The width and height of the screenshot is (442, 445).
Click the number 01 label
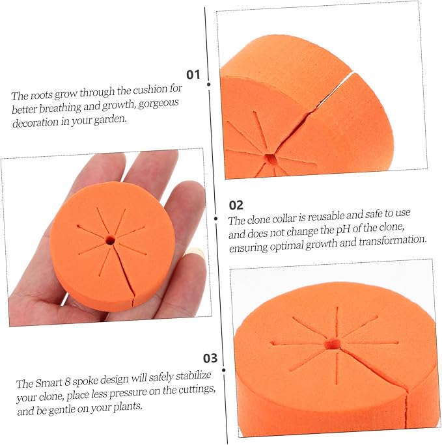click(x=193, y=74)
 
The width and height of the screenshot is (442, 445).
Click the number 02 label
click(x=236, y=205)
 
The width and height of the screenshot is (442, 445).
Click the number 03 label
click(x=210, y=358)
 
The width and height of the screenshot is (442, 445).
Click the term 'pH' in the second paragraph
click(x=343, y=230)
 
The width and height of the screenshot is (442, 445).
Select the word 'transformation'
click(x=393, y=241)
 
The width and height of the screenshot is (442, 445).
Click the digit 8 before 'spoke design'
click(x=67, y=382)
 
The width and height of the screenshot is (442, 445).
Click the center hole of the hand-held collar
click(x=110, y=241)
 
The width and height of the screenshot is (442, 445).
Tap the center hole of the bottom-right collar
click(x=333, y=344)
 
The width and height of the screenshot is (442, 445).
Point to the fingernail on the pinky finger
click(x=195, y=252)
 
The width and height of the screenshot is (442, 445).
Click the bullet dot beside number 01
click(x=209, y=85)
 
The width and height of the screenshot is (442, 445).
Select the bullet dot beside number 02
click(x=216, y=219)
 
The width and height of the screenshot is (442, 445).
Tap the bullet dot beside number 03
click(x=224, y=370)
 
